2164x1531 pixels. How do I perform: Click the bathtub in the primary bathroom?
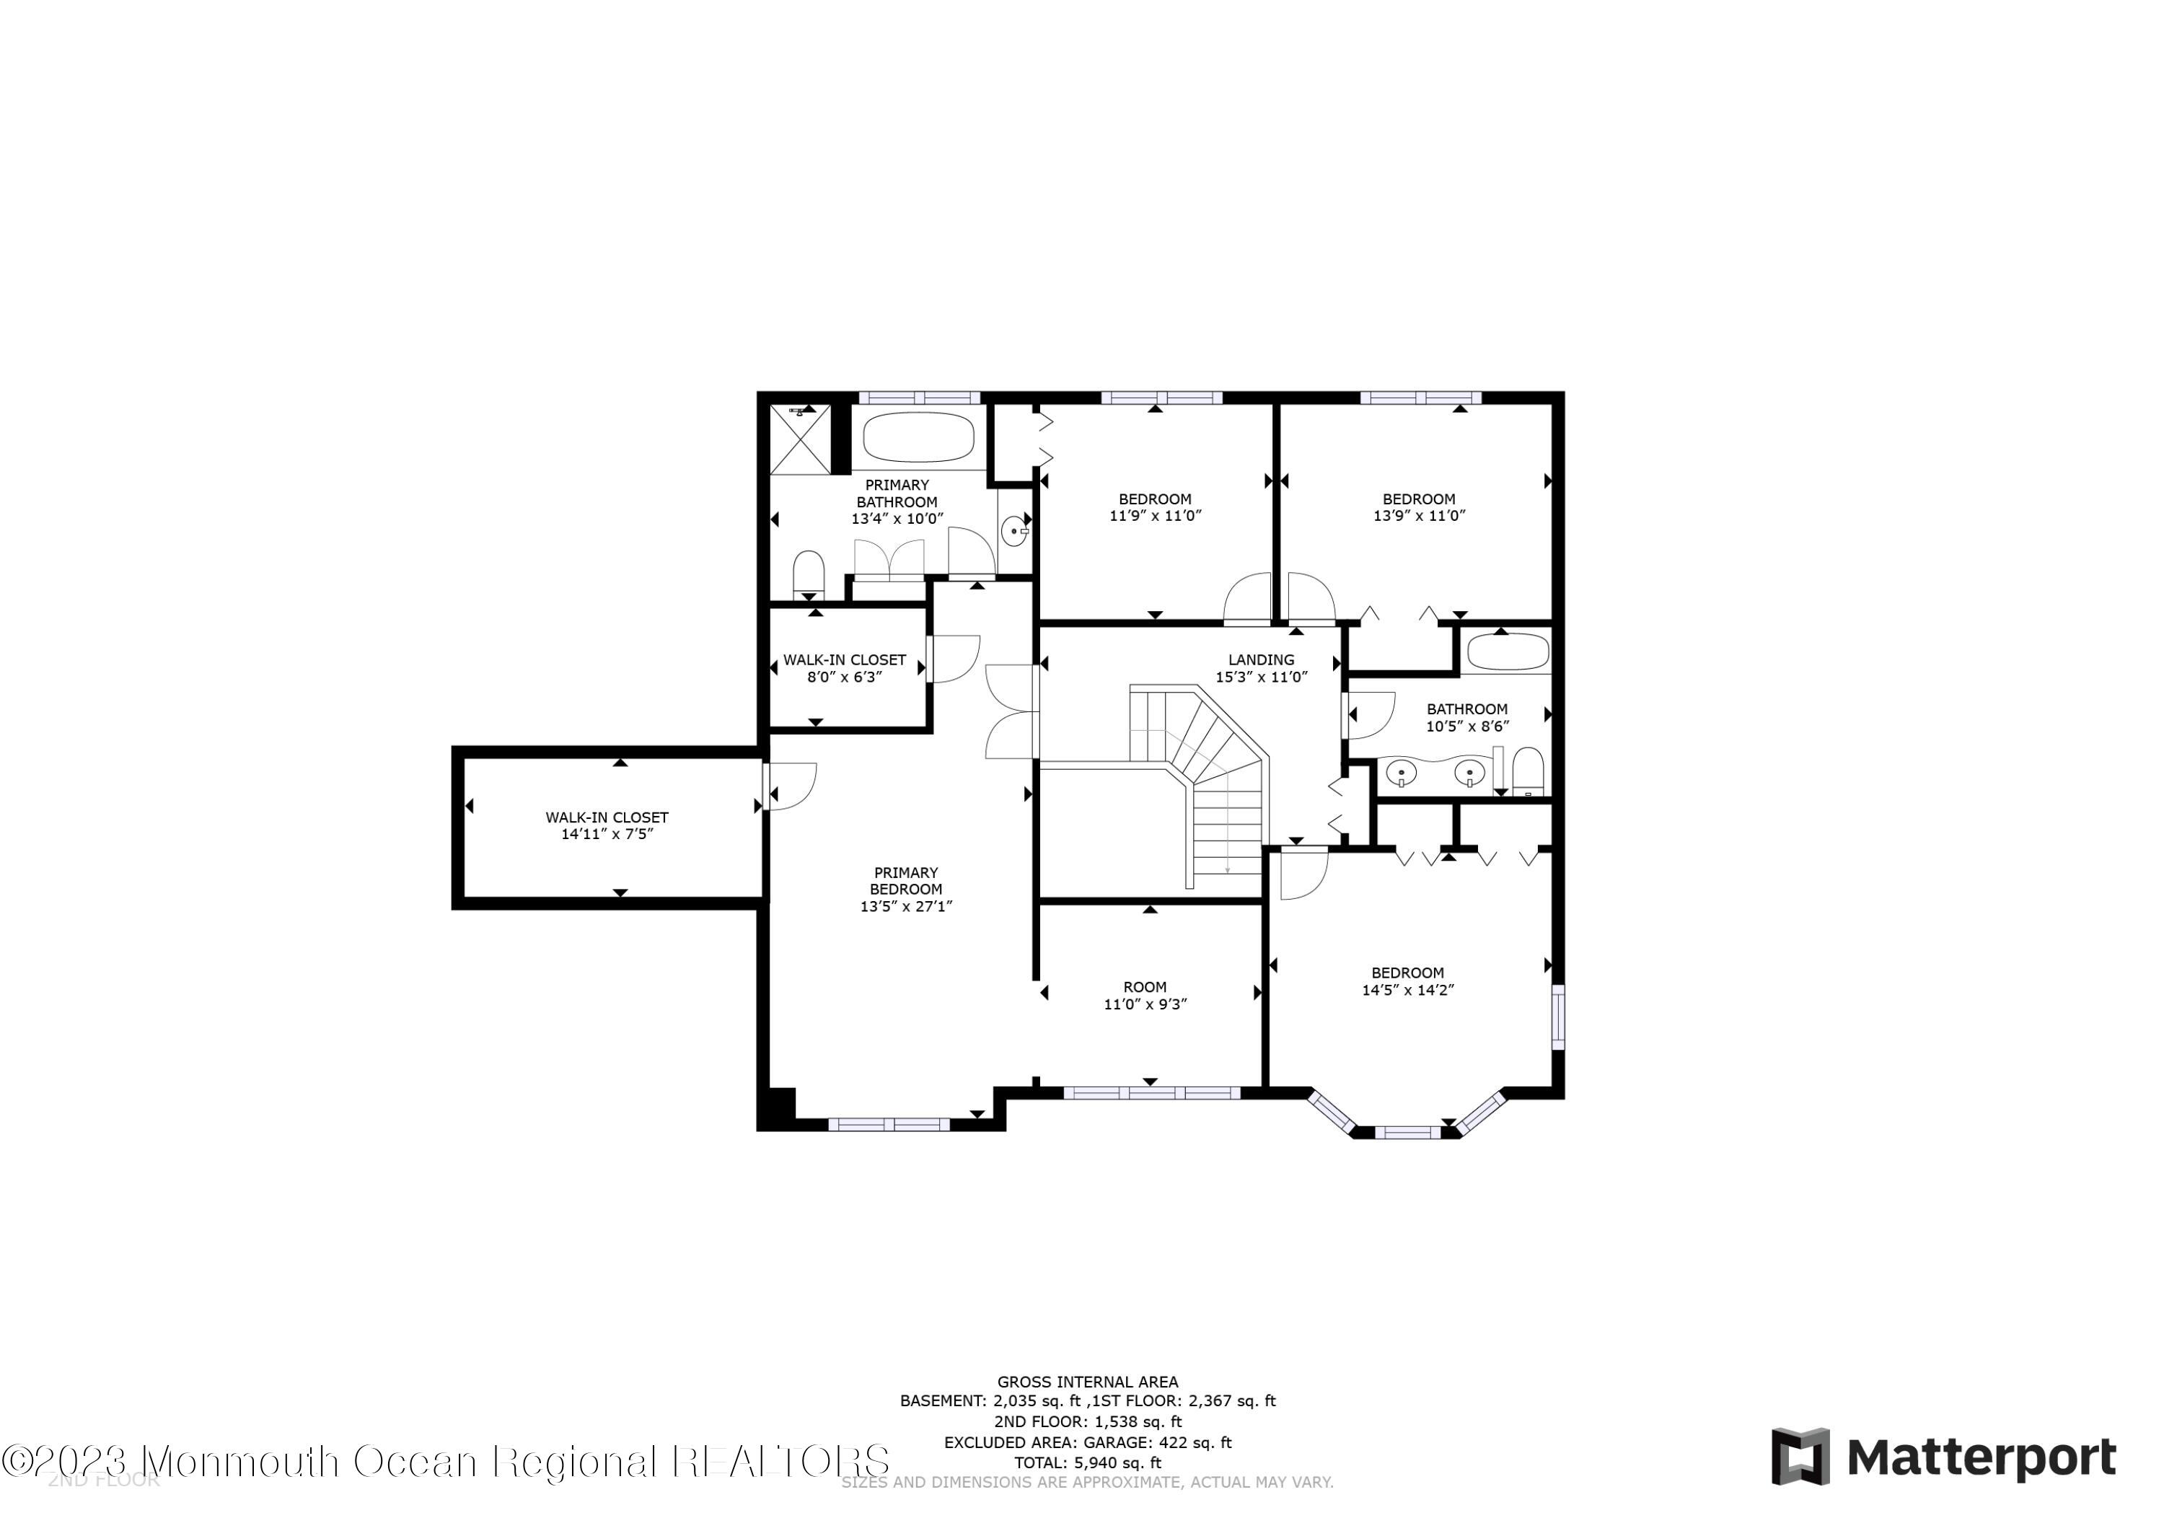point(918,437)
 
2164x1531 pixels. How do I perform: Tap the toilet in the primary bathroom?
point(808,572)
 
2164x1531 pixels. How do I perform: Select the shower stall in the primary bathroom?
point(800,439)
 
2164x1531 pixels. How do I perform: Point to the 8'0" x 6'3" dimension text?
point(845,677)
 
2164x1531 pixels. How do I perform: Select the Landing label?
point(1260,660)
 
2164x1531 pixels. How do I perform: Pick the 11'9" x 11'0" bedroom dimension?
point(1155,517)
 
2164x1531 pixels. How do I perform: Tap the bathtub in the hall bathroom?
point(1508,652)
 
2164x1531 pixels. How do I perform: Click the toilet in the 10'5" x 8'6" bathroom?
point(1527,771)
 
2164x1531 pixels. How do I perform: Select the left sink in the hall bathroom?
point(1402,773)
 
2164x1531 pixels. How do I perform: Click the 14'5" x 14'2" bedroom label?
point(1407,981)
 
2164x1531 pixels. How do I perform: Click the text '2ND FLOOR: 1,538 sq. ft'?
point(1088,1421)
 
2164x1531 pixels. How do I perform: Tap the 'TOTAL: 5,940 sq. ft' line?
point(1088,1463)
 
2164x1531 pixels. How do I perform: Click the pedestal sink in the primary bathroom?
point(1014,531)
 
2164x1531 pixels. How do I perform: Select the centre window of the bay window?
point(1407,1132)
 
